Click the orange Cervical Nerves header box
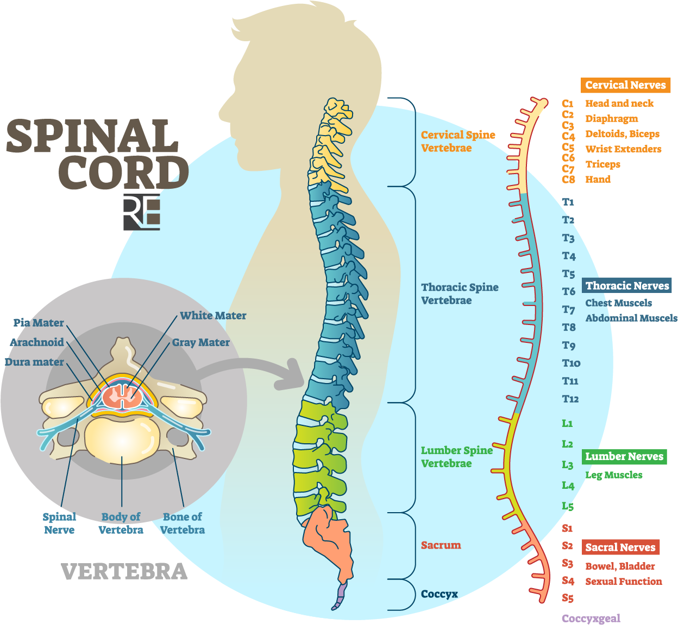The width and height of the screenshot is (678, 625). click(x=625, y=85)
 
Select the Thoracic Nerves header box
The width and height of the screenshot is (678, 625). click(x=627, y=286)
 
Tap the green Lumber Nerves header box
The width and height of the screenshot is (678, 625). click(x=624, y=456)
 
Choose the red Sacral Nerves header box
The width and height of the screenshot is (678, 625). click(x=620, y=547)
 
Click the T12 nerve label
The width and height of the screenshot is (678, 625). click(x=570, y=399)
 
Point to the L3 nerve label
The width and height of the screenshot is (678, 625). click(x=568, y=465)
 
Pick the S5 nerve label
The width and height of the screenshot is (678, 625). click(x=568, y=598)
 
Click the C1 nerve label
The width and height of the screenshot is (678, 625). click(x=568, y=103)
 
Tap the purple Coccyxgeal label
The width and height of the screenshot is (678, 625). click(x=591, y=618)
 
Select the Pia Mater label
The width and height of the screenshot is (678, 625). click(x=39, y=323)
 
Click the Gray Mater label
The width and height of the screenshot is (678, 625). click(x=201, y=342)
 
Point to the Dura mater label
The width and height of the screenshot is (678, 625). click(x=34, y=362)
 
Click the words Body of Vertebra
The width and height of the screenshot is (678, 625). click(x=121, y=524)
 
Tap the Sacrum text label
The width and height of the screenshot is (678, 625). click(x=441, y=545)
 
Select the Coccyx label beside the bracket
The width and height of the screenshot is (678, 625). click(x=440, y=594)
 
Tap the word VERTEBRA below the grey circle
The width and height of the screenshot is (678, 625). click(x=124, y=572)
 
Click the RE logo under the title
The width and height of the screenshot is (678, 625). click(x=141, y=212)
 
